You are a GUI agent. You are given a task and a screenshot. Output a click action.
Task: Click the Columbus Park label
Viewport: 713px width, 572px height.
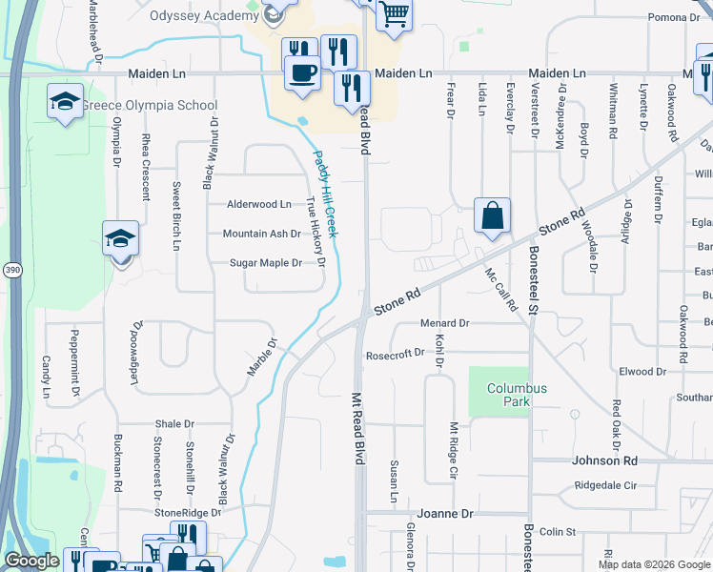[x=517, y=396]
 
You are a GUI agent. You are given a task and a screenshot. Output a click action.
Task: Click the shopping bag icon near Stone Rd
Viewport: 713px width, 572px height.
[x=492, y=215]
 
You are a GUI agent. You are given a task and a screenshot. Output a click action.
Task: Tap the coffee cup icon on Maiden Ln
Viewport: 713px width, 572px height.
[x=304, y=72]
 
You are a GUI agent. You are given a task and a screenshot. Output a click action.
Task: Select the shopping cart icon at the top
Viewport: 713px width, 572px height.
[x=393, y=14]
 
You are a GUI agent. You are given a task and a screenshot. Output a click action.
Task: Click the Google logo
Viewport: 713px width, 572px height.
[x=31, y=561]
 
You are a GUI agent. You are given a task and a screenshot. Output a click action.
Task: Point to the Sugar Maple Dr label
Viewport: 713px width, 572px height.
[x=267, y=263]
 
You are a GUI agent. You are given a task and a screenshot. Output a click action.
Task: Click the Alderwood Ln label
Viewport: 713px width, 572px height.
[x=258, y=204]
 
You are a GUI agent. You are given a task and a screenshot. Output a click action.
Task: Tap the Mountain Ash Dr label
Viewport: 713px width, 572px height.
[x=261, y=234]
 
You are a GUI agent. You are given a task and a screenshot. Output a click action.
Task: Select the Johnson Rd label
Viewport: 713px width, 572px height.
[x=604, y=460]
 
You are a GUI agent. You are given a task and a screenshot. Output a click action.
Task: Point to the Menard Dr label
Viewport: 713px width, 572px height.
[x=445, y=323]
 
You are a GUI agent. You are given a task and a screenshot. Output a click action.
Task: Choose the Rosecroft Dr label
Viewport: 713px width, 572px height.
[x=395, y=354]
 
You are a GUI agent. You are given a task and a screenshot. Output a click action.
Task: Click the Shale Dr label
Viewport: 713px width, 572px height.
[x=174, y=424]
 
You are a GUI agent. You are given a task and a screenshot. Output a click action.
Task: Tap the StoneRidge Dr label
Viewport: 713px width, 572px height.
[x=188, y=512]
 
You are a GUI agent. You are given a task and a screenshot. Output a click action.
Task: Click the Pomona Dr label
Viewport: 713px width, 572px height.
[x=673, y=17]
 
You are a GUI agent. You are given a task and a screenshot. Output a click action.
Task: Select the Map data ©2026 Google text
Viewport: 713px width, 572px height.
[x=653, y=564]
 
